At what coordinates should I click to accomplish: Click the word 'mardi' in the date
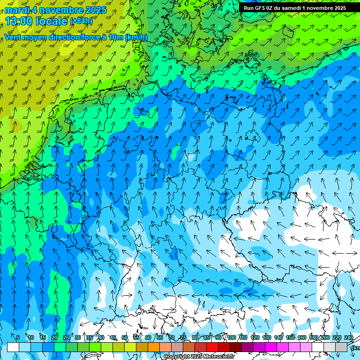[16, 10]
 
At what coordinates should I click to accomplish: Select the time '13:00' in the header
[18, 21]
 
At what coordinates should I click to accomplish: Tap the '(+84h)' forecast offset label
[81, 21]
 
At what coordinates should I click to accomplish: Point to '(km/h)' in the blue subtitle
[136, 37]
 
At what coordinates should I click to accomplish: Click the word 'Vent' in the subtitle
[13, 37]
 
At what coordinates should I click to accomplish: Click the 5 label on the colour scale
[18, 337]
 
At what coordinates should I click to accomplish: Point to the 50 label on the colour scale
[125, 337]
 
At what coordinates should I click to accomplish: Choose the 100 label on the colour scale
[231, 337]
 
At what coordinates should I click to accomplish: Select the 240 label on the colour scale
[348, 337]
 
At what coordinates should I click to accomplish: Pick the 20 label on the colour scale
[54, 337]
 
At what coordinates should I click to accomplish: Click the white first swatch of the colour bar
[13, 347]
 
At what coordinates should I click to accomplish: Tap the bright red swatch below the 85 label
[212, 347]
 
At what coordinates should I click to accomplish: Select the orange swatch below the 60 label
[154, 347]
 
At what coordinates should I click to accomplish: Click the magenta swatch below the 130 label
[271, 347]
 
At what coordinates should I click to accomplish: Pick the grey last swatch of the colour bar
[341, 347]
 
